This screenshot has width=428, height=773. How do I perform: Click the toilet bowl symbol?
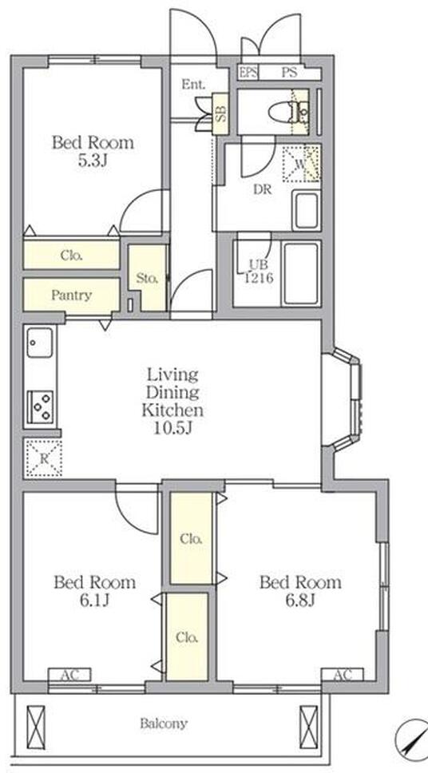[289, 112]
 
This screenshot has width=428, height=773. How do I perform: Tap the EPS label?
[248, 73]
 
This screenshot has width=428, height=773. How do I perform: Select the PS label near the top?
[289, 73]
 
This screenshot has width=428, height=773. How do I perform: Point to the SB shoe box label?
[222, 113]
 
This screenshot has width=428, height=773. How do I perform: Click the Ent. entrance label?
[193, 85]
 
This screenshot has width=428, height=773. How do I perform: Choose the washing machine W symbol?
[301, 164]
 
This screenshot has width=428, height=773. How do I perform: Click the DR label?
[263, 190]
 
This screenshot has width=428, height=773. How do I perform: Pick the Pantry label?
[72, 295]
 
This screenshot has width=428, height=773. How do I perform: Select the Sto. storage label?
[148, 278]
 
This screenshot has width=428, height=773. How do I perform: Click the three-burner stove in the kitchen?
[40, 406]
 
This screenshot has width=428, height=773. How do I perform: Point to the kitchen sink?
[39, 343]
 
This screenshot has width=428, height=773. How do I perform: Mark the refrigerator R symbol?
[43, 458]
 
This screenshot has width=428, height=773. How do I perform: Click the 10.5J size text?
[172, 428]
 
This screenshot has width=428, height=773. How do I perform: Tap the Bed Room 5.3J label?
[93, 151]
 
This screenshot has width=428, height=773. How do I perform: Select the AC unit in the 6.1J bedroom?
[69, 675]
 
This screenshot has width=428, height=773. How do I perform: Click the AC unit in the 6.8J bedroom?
[343, 675]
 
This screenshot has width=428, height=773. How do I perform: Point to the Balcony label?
[164, 723]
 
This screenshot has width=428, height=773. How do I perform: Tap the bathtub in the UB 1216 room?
[301, 273]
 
